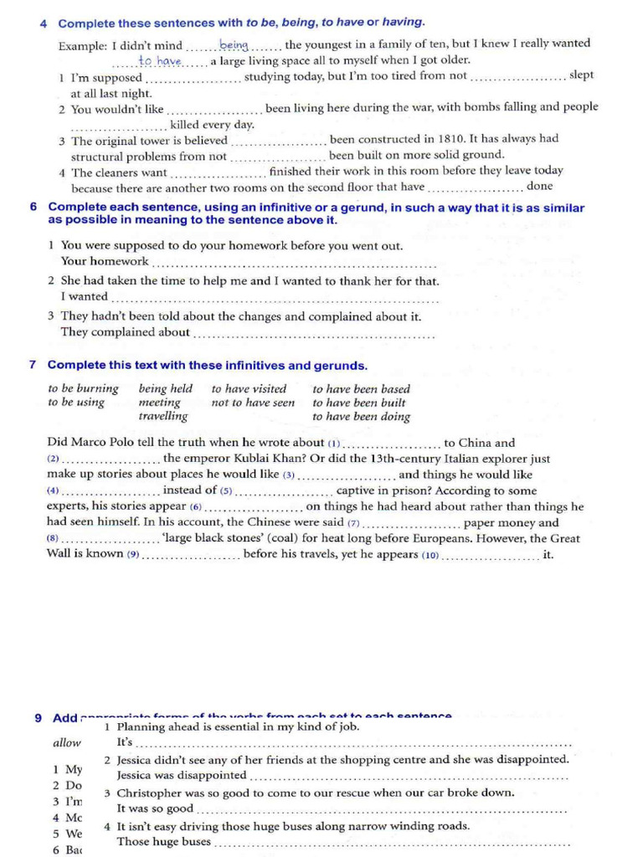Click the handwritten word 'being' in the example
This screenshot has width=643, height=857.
click(x=234, y=44)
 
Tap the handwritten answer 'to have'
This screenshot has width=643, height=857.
click(x=160, y=61)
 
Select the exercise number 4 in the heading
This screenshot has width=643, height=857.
click(x=43, y=23)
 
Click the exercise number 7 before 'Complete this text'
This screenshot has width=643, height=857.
click(x=33, y=365)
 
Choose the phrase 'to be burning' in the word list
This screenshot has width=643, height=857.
click(x=83, y=388)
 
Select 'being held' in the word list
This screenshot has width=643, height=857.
click(x=165, y=388)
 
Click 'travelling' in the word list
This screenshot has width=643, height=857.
click(x=163, y=416)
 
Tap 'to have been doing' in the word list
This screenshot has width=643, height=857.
click(x=361, y=416)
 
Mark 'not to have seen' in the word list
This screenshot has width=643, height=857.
click(x=253, y=403)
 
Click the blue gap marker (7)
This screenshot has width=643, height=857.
click(x=353, y=523)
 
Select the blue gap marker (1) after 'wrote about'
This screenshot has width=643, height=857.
click(x=335, y=444)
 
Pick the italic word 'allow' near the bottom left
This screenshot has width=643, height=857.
click(x=67, y=742)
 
